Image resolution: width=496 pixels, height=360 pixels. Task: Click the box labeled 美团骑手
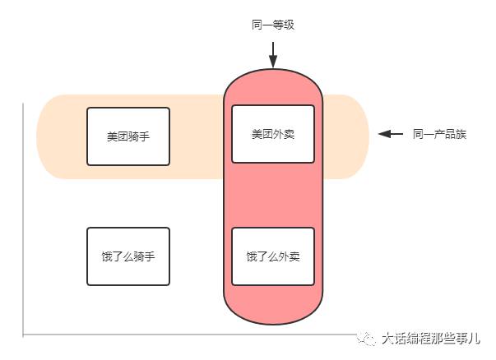coord(128,136)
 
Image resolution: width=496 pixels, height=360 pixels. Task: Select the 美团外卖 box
coord(273,134)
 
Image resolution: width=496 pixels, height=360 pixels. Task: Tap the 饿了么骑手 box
coord(128,256)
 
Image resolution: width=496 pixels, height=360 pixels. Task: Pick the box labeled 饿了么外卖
coord(273,256)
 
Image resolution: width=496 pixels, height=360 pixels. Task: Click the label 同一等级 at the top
coord(272,25)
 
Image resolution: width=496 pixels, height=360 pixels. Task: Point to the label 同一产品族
coord(439,134)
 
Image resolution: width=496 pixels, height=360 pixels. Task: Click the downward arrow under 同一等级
coord(273,56)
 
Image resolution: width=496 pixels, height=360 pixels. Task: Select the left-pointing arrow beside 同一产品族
coord(390,134)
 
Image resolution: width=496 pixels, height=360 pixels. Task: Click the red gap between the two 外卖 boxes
coord(273,194)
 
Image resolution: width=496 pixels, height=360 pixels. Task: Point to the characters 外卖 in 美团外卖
coord(284,134)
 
